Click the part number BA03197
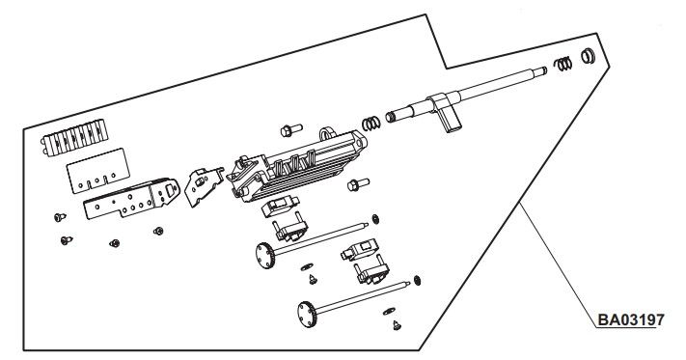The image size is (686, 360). pos(630,319)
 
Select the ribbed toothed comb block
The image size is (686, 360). pos(75,137)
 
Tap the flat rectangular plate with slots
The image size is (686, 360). pos(98,171)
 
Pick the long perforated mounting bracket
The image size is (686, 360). pos(131,198)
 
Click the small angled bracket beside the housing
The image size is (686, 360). pos(204,186)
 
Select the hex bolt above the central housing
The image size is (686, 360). pos(291,130)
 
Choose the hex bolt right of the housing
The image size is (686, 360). pos(358,184)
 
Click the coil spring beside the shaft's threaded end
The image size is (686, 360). pos(371,124)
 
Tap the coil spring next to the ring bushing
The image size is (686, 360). pos(563,64)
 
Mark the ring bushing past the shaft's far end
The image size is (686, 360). pos(588,56)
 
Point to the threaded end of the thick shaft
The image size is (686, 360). pos(391,117)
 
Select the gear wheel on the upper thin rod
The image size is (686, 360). pos(264,256)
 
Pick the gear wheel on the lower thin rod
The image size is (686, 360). pos(307,314)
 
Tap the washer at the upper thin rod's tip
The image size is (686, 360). pos(375,219)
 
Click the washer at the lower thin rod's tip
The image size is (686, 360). pos(417,280)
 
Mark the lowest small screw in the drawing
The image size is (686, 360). pos(397,325)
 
